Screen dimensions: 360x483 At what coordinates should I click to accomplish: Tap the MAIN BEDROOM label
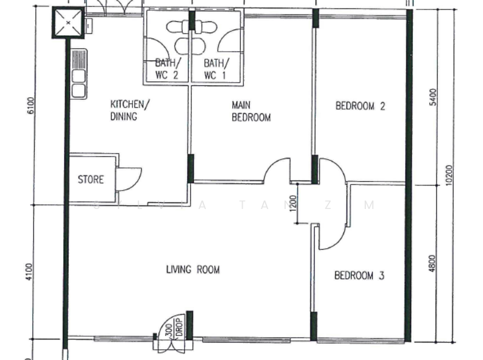tap(251, 112)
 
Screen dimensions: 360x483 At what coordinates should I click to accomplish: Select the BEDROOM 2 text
tap(360, 106)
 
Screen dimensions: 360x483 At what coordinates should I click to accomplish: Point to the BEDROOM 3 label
tap(360, 276)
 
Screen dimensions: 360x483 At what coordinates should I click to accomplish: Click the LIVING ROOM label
tap(193, 269)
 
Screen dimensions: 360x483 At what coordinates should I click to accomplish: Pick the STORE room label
tap(91, 179)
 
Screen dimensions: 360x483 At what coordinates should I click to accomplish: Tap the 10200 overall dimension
tap(449, 176)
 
